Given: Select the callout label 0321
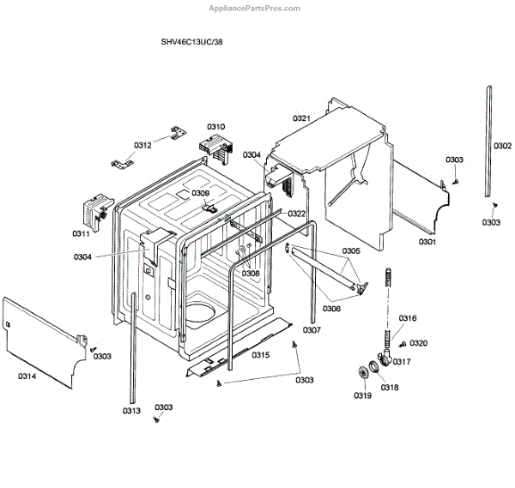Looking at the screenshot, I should (300, 117).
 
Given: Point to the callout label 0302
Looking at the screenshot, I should (502, 146).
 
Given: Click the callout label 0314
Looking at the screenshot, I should (27, 376).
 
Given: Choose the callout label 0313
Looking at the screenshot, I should (130, 411).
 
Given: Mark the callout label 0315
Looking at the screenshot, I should (261, 355).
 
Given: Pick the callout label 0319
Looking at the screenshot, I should (361, 395).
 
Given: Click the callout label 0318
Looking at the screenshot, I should (391, 388).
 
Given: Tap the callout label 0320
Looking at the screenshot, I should (419, 343).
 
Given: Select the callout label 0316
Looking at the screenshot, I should (407, 318).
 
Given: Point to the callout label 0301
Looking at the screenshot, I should (427, 242).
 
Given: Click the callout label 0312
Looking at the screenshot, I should (142, 145).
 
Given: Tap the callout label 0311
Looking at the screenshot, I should (81, 233).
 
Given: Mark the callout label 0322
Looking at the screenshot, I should (296, 214).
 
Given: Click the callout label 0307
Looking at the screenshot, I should (312, 329).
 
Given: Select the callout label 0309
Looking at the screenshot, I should (200, 193).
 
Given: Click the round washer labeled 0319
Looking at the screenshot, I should (362, 374).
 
